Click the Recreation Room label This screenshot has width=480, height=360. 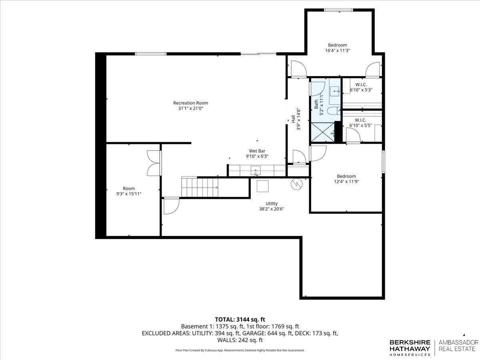[190, 103]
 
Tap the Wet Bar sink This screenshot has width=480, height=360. [256, 171]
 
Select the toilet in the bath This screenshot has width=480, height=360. [334, 111]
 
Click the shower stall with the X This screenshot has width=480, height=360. [323, 132]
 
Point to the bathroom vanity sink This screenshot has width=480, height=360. [335, 92]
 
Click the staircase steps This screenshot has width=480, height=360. [200, 187]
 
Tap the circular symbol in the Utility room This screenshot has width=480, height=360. [297, 184]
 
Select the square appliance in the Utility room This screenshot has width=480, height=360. [263, 186]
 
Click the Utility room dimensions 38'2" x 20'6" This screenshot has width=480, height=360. [272, 209]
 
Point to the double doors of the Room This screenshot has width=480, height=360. [154, 163]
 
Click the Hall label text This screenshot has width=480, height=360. [294, 119]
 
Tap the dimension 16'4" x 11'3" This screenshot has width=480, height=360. [338, 50]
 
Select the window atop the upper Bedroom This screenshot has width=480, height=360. [338, 10]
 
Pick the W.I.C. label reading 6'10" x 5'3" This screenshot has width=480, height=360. [361, 87]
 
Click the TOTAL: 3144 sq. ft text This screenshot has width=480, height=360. [240, 320]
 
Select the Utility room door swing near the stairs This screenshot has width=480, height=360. [172, 206]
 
